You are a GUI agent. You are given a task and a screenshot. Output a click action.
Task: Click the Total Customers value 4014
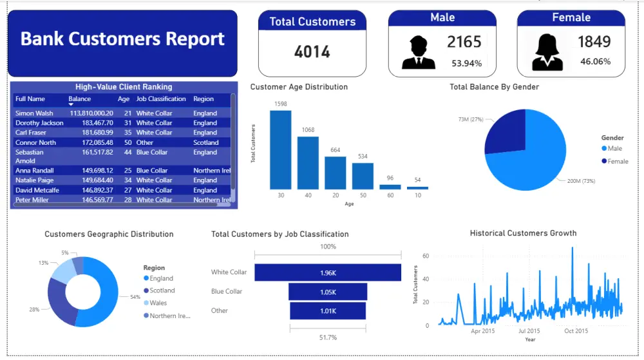click(x=312, y=52)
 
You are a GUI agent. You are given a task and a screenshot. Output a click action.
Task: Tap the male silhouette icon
click(x=418, y=53)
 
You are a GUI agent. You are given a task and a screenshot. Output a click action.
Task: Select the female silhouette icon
click(x=547, y=52)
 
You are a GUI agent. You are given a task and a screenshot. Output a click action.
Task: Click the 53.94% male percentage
click(x=466, y=63)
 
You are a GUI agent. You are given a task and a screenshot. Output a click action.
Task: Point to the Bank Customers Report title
click(x=122, y=39)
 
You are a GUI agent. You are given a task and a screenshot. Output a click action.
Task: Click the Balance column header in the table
click(x=80, y=99)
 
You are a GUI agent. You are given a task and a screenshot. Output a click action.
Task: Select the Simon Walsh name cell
click(x=34, y=113)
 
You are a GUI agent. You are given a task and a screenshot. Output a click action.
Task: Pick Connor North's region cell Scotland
click(x=206, y=142)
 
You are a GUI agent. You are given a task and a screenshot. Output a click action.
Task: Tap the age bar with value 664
click(x=335, y=172)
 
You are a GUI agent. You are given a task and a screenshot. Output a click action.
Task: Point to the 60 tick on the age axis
click(x=390, y=195)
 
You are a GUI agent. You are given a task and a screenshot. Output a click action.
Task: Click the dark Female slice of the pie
click(x=506, y=132)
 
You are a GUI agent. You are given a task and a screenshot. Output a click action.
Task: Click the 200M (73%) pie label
click(x=582, y=181)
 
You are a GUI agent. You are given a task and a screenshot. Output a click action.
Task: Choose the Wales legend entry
click(x=158, y=303)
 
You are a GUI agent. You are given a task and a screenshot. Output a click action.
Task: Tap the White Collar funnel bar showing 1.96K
click(x=327, y=273)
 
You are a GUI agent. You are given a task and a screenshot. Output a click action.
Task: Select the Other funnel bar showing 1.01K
click(x=327, y=311)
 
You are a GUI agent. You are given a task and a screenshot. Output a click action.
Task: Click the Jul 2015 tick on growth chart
click(x=529, y=331)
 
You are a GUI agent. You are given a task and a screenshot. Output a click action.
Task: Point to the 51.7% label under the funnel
click(x=328, y=337)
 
